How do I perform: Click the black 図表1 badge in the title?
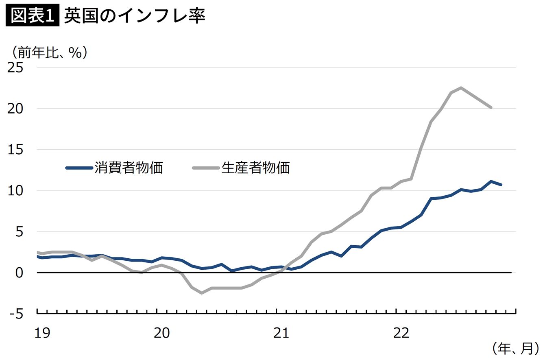pos(33,15)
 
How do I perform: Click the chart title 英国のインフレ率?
pos(135,15)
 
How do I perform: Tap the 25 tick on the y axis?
pos(15,68)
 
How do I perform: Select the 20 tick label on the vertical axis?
pos(15,109)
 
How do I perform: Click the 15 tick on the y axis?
pos(15,150)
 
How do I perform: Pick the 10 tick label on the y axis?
pos(15,191)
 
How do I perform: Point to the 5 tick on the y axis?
pos(19,232)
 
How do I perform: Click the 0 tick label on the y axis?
pos(19,273)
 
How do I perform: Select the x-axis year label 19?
pos(42,333)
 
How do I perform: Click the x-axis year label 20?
pos(162,333)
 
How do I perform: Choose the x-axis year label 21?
pos(281,333)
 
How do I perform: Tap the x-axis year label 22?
pos(401,333)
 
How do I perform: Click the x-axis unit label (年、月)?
pos(516,349)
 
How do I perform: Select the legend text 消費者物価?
pos(129,168)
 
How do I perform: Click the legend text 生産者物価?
pos(256,168)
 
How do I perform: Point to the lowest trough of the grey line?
pos(202,293)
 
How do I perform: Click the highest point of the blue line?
pos(491,181)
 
